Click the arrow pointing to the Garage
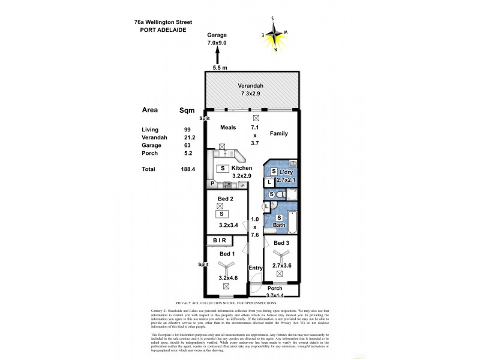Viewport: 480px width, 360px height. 217,58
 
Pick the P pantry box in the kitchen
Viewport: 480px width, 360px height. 212,184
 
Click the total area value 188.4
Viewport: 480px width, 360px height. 188,170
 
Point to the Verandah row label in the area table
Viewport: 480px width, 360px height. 154,137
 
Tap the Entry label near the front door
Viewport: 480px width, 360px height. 256,268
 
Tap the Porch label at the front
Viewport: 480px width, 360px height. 275,287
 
